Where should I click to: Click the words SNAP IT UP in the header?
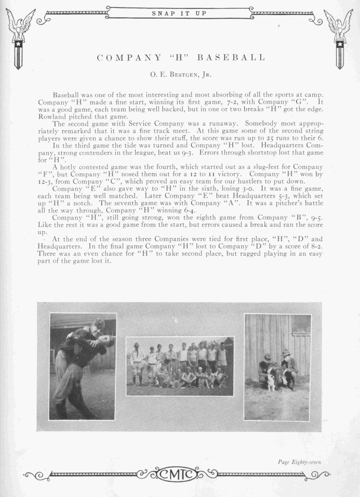178,13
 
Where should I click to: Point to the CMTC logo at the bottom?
179,474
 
